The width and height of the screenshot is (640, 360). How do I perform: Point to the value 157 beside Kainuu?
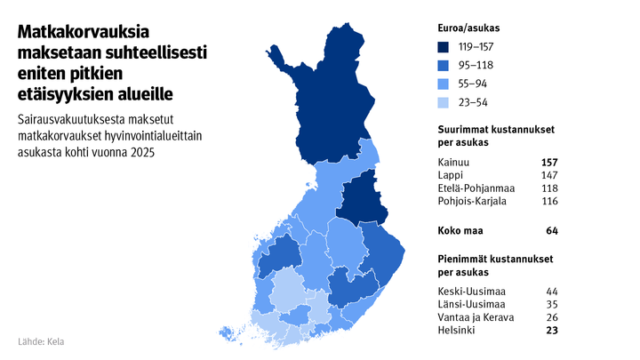tap(548, 163)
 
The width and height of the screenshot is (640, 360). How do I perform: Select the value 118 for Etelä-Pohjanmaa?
tap(548, 188)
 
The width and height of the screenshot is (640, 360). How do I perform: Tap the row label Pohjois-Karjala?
tap(473, 202)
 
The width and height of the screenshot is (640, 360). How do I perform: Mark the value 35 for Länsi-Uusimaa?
tap(551, 305)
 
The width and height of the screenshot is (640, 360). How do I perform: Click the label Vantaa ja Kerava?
tap(476, 318)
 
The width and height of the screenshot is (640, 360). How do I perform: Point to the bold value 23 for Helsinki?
tap(551, 332)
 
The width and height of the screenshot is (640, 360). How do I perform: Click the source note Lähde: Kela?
tap(41, 341)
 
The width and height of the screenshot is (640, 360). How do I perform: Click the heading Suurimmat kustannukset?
tap(497, 130)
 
